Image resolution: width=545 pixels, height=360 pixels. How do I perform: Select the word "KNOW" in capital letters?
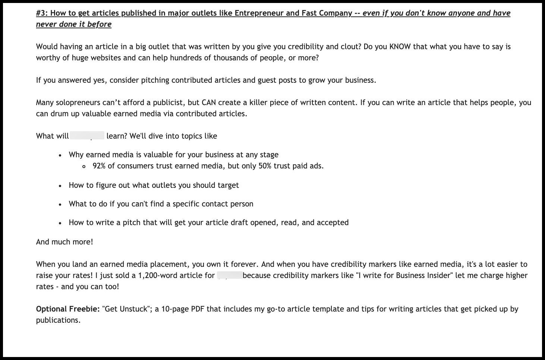pos(400,47)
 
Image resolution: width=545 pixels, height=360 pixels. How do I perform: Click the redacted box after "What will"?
pos(87,136)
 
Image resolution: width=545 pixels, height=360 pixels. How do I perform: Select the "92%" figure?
pos(99,166)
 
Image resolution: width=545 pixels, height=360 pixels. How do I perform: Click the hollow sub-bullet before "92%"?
pos(84,167)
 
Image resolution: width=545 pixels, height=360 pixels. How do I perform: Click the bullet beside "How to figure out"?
pos(60,186)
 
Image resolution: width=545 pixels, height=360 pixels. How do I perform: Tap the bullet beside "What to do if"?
pos(60,205)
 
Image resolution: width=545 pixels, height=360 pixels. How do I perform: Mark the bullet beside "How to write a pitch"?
pos(60,223)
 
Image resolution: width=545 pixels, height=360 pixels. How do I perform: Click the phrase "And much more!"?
pos(64,242)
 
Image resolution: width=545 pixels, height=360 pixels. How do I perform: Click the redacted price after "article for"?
pos(230,276)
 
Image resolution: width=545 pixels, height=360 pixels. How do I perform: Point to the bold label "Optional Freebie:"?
pos(67,309)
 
